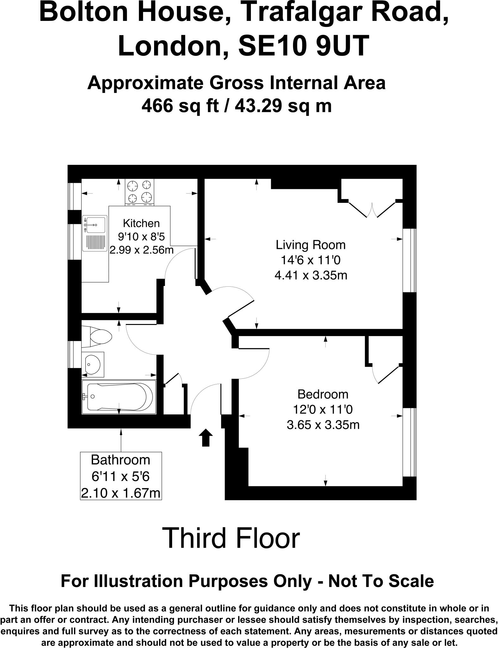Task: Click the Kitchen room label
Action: click(141, 223)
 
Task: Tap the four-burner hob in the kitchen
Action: click(140, 191)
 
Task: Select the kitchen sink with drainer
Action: click(94, 233)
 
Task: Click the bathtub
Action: click(119, 397)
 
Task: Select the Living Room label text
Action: click(310, 245)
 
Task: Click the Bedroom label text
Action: click(323, 394)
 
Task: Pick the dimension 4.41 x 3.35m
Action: click(310, 275)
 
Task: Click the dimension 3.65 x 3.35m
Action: click(323, 425)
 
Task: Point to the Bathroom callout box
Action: click(121, 476)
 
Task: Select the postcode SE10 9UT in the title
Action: click(303, 46)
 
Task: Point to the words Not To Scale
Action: click(381, 581)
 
